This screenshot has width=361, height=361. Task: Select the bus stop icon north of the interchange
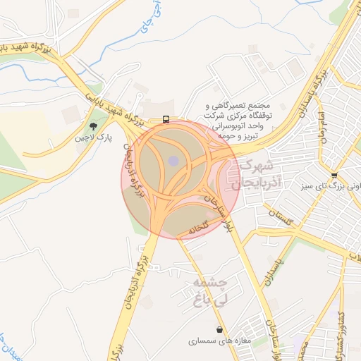[x=166, y=119]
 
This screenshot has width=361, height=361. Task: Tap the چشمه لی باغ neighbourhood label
[x=207, y=289]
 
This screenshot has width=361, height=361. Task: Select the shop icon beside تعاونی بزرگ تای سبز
[x=334, y=176]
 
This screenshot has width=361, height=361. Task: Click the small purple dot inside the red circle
[x=173, y=161]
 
